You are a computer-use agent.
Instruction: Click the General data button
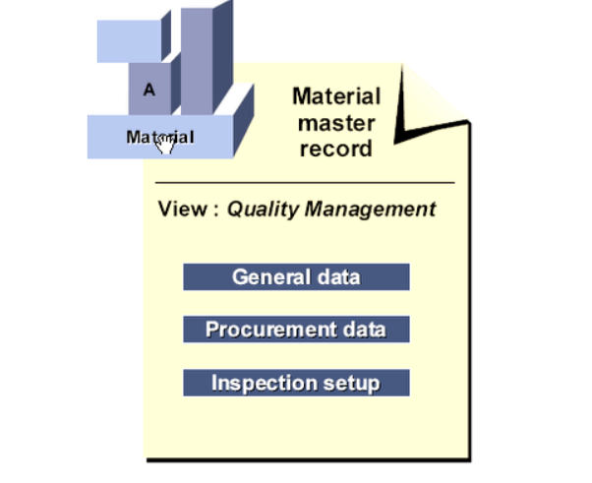296,276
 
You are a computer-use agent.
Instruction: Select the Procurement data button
296,329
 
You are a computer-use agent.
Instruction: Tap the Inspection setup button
296,382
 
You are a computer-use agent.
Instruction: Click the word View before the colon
180,210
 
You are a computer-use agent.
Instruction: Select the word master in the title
336,123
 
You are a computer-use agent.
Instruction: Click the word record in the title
336,150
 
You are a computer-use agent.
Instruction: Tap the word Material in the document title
336,96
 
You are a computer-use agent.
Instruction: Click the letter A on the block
149,90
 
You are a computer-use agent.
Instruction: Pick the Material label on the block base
157,137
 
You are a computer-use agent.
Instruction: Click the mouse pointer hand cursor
164,145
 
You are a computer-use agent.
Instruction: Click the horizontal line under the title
305,183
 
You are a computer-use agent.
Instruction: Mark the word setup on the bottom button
354,382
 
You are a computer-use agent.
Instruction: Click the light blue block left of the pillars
128,40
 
